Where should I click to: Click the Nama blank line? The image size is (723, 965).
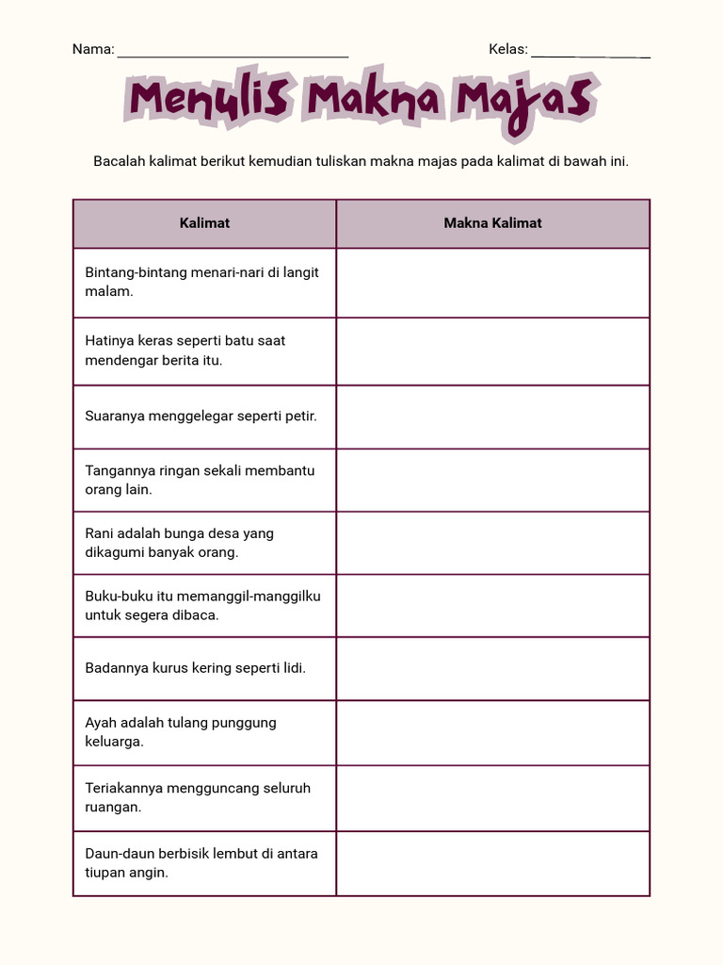click(233, 55)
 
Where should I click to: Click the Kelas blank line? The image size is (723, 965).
click(590, 55)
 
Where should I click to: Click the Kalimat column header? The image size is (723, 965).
click(204, 223)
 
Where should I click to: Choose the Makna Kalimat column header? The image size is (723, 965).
click(492, 223)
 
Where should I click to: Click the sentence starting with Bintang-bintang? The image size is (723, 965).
click(201, 282)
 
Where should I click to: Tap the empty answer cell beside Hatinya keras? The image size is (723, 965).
click(492, 351)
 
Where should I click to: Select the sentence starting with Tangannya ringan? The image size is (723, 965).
click(200, 480)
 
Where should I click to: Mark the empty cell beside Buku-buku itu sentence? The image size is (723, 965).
click(492, 605)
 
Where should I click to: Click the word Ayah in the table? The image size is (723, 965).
click(100, 723)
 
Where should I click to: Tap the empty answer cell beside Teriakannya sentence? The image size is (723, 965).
click(492, 797)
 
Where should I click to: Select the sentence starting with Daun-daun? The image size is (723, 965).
click(201, 863)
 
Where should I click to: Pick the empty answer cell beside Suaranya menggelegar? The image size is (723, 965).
click(492, 416)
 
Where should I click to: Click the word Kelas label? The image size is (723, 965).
click(506, 50)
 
